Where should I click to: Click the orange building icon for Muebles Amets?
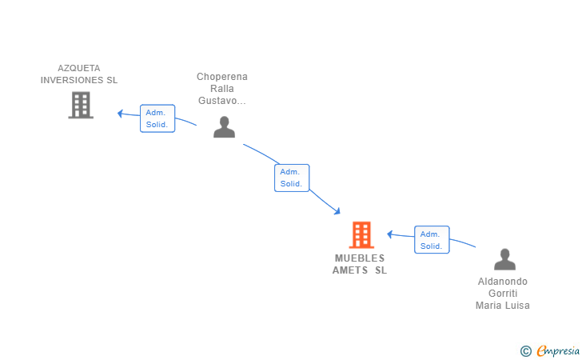(361, 234)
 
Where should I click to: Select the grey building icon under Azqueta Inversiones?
(81, 105)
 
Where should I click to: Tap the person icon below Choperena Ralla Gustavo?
(224, 127)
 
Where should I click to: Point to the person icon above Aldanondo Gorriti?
(504, 259)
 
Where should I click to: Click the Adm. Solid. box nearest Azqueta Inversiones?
(157, 118)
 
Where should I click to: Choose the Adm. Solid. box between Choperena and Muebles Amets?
(292, 178)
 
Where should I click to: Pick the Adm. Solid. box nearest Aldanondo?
(432, 240)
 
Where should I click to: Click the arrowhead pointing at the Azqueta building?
(120, 114)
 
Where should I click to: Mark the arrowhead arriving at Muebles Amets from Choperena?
(337, 211)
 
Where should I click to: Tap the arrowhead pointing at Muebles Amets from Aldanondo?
(390, 234)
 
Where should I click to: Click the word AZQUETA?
(79, 68)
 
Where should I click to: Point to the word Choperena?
(222, 77)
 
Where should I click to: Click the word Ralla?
(222, 89)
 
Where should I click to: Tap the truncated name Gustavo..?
(222, 101)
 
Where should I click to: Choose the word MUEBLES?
(360, 258)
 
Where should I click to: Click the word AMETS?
(350, 270)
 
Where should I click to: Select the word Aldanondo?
(503, 282)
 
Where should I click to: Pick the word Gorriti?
(503, 294)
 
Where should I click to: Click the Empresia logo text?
(558, 350)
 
